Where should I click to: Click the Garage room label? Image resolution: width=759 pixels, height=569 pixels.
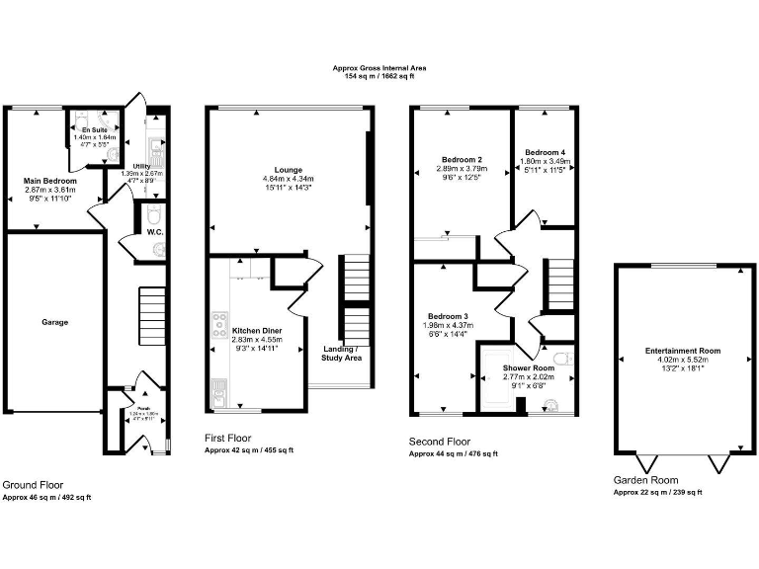click(x=54, y=322)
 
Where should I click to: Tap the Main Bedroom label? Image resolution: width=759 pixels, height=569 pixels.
click(x=43, y=181)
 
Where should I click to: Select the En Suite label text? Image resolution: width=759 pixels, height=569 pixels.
click(x=95, y=129)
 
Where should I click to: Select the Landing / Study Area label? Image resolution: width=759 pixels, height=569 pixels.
click(x=341, y=353)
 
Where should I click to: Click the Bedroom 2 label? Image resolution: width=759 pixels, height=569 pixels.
click(x=462, y=160)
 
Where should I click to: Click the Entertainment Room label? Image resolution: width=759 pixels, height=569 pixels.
click(x=683, y=351)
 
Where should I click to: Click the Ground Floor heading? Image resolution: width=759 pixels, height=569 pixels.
click(x=34, y=485)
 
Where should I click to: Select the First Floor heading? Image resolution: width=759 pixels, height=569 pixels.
click(x=227, y=438)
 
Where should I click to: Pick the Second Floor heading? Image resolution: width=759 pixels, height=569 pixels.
click(x=440, y=442)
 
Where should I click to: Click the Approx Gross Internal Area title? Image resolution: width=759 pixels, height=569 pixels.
click(x=379, y=68)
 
